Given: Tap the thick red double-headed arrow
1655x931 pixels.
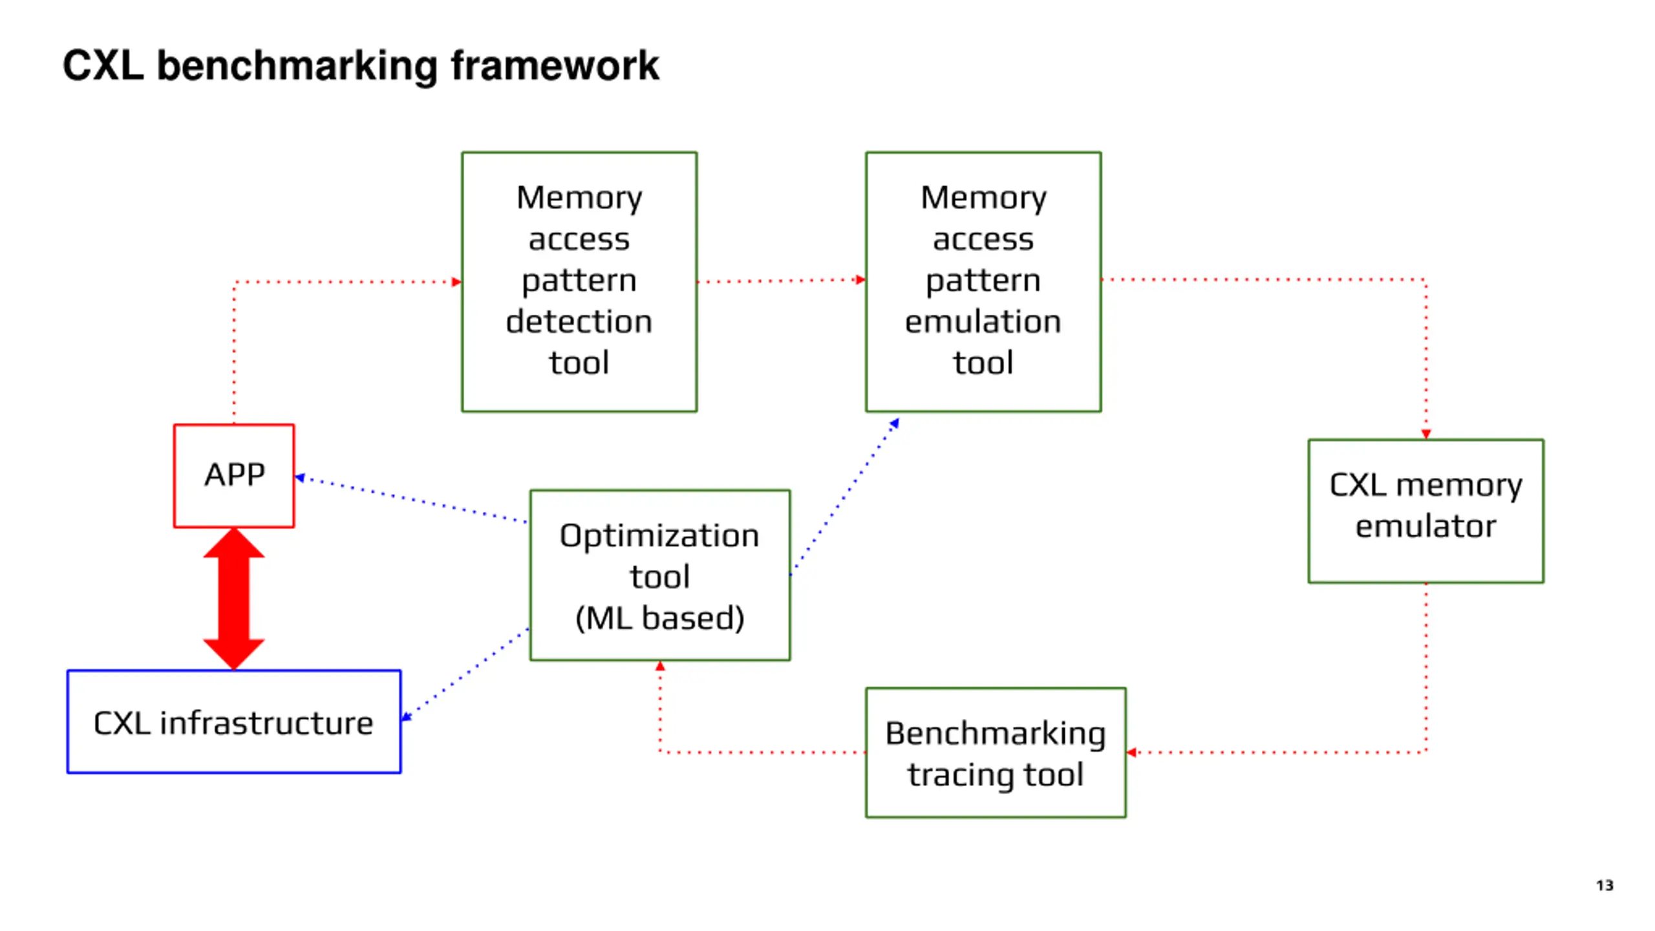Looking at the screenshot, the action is [x=233, y=599].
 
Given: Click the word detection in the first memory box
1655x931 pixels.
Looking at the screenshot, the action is [x=579, y=321].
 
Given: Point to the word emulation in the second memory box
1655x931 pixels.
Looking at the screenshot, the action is [x=983, y=321].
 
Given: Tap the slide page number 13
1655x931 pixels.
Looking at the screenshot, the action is [x=1605, y=885].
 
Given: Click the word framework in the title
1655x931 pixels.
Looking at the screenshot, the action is [x=555, y=66].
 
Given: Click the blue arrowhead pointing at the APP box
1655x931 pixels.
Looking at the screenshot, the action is [x=299, y=478].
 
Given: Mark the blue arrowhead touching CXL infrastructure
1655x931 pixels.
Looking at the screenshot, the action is [x=407, y=716].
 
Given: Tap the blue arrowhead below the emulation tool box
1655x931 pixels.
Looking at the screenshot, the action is [x=895, y=423].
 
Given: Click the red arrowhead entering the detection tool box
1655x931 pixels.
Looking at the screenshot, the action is [x=456, y=282].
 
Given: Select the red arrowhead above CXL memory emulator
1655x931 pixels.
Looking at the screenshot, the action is [x=1425, y=434].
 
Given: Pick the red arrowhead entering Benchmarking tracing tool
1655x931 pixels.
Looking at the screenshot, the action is [x=1131, y=752].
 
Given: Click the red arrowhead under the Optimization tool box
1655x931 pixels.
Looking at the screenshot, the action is [x=659, y=666].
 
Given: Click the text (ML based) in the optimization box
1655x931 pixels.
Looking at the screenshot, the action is [x=659, y=617].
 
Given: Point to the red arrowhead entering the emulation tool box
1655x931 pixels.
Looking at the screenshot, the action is [x=860, y=280].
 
